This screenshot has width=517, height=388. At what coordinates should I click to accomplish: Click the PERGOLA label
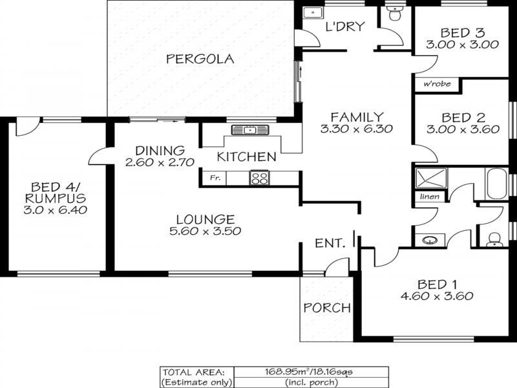click(200, 59)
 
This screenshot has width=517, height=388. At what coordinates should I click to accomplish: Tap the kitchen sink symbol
click(250, 130)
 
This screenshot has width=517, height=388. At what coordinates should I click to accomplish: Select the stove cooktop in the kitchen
click(259, 177)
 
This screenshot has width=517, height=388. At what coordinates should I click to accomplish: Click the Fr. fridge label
click(215, 178)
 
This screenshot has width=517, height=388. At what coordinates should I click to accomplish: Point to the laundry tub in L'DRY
click(313, 13)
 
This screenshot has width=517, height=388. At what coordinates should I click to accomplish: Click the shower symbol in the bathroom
click(431, 178)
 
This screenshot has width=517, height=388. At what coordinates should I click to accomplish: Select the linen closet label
click(430, 197)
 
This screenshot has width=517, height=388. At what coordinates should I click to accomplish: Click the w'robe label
click(437, 84)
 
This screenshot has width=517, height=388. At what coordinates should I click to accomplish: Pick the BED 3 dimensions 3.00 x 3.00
click(462, 45)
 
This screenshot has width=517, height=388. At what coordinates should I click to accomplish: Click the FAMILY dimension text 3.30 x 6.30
click(357, 129)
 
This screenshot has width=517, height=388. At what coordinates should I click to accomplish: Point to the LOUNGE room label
click(206, 219)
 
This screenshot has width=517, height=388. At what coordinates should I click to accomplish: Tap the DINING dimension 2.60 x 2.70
click(160, 162)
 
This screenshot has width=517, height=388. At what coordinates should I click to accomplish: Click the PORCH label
click(327, 308)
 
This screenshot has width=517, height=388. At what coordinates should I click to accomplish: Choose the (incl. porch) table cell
click(311, 382)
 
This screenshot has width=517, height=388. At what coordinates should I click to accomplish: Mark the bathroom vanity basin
click(430, 240)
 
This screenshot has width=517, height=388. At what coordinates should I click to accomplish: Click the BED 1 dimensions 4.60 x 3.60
click(437, 296)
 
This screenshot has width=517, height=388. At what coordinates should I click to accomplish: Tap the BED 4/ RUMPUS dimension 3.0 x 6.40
click(56, 210)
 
